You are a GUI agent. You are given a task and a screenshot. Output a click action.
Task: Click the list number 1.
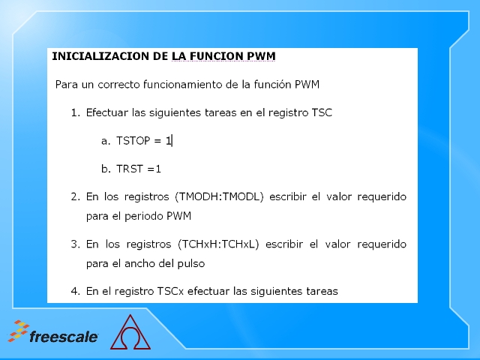click(75, 112)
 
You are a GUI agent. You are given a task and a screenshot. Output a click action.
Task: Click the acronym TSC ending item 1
click(322, 112)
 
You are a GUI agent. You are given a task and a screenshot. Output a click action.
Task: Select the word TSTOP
click(133, 141)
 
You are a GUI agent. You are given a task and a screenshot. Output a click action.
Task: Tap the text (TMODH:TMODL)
click(219, 196)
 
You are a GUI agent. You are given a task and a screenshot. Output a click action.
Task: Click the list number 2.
click(75, 196)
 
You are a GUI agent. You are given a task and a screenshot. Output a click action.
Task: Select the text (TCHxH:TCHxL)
click(218, 244)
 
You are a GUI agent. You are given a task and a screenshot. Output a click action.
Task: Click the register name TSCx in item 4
click(170, 291)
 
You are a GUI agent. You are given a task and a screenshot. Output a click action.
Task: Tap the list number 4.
click(75, 291)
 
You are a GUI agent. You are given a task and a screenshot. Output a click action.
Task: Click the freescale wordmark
click(63, 337)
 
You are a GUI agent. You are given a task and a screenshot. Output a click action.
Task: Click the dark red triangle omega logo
click(130, 332)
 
